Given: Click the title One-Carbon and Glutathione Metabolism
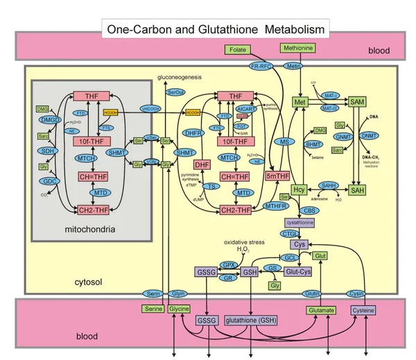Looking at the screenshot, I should pos(216,30).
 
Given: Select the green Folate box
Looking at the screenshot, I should pos(238,49).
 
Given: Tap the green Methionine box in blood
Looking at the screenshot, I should pos(297,48).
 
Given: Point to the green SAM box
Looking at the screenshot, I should pos(358,102).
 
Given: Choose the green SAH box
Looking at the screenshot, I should pos(358,189).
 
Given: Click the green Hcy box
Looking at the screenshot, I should pos(300,189).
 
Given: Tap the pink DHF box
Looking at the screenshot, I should pos(202,164).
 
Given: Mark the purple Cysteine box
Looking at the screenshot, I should pos(363,310).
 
